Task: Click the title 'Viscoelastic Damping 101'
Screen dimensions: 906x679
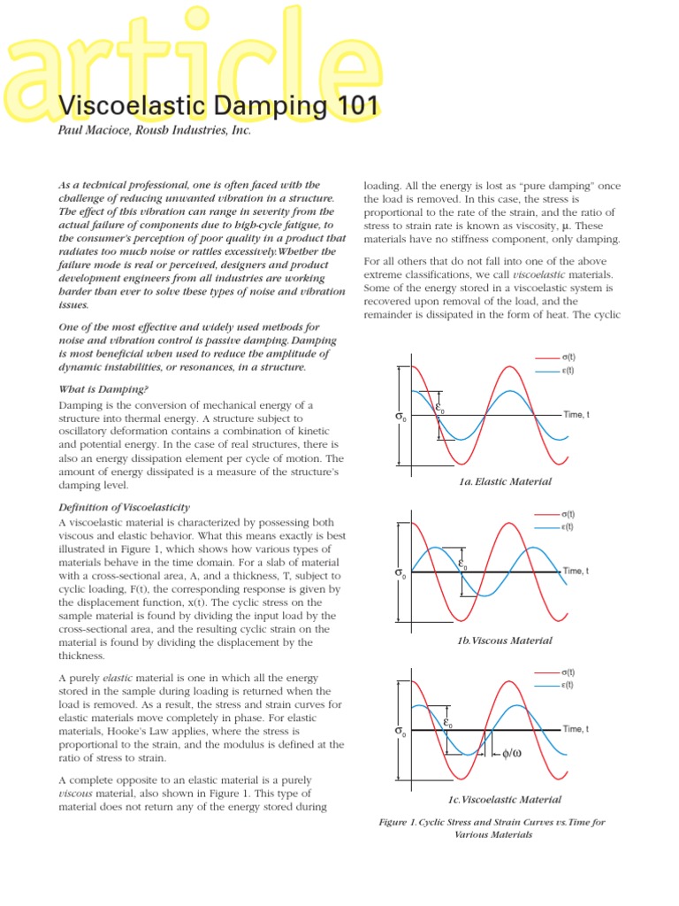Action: tap(218, 107)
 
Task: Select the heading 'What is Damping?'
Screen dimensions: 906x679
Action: tap(103, 389)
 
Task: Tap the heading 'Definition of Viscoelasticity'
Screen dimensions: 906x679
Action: tap(124, 507)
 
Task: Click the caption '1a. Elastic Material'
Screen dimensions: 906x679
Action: tap(505, 482)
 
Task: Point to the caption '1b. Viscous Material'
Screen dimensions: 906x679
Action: tap(505, 641)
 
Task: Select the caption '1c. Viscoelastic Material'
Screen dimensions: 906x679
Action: tap(505, 800)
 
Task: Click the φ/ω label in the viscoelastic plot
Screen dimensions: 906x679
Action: tap(514, 754)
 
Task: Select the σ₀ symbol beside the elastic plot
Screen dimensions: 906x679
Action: tap(401, 416)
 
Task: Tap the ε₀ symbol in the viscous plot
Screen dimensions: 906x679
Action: tap(462, 564)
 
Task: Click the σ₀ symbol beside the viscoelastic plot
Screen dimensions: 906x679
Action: tap(401, 732)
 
